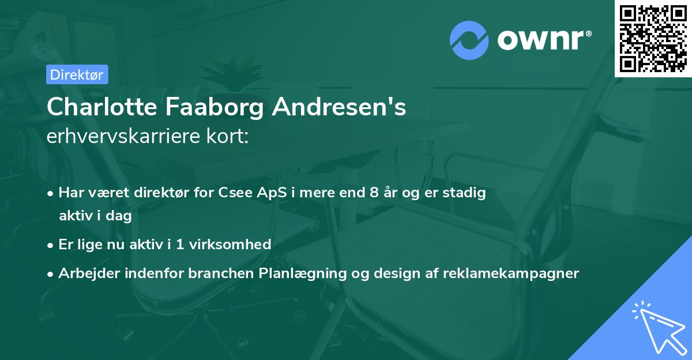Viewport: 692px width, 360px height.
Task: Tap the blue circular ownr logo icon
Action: tap(469, 40)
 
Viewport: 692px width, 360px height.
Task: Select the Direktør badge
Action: tap(76, 74)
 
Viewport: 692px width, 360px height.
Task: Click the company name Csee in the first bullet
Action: tap(234, 193)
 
